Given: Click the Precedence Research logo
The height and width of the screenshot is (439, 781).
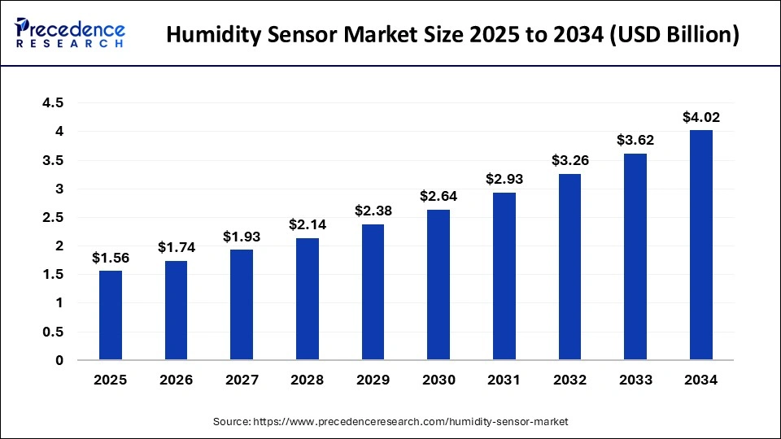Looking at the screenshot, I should [x=69, y=33].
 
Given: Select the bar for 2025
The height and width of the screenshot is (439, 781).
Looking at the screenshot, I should [x=111, y=315].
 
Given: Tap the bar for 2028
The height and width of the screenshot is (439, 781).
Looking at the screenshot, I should [x=308, y=298].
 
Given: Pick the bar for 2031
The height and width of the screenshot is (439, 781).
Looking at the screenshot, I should [x=504, y=276].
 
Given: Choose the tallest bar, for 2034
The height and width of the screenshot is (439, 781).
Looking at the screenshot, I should [x=701, y=245].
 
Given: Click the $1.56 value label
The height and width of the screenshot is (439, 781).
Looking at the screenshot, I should [x=111, y=258].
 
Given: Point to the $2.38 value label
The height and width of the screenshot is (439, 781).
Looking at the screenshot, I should [x=373, y=211].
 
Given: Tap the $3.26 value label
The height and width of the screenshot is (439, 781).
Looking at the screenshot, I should [x=570, y=160].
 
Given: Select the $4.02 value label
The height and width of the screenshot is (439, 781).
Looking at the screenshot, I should [x=701, y=117].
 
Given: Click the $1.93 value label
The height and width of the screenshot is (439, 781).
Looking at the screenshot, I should [x=242, y=237].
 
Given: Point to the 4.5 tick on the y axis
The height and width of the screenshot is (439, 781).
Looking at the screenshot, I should [x=54, y=103].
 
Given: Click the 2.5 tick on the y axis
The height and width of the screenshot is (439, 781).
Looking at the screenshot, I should [x=54, y=218].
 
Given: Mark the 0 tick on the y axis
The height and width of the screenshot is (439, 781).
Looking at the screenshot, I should [x=59, y=360].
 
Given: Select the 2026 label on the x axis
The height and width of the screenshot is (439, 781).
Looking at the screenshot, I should [x=177, y=379].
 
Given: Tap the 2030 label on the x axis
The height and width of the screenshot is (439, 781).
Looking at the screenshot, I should [x=438, y=379].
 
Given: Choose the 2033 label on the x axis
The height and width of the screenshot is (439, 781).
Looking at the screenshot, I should [x=635, y=379].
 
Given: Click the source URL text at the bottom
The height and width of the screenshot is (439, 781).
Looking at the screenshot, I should [x=390, y=422].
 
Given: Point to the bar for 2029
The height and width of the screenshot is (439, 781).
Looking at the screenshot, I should [x=373, y=292].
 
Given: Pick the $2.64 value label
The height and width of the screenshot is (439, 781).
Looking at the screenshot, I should [x=438, y=196].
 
